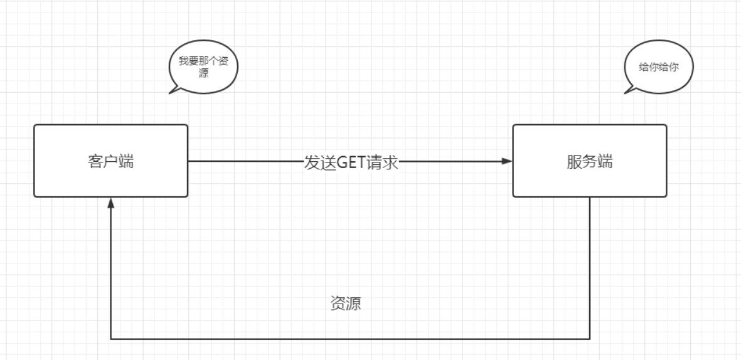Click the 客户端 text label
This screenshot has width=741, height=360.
click(110, 162)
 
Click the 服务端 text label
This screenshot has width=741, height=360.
click(589, 162)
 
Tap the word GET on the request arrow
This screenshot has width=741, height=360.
click(351, 162)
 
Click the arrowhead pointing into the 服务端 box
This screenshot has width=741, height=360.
click(507, 161)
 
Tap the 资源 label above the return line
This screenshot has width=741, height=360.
click(345, 304)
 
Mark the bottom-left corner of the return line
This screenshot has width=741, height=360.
click(111, 339)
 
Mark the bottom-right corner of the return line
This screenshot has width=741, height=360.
click(590, 339)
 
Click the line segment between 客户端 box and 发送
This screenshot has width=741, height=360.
click(245, 161)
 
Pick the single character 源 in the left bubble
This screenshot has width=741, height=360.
click(203, 73)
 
